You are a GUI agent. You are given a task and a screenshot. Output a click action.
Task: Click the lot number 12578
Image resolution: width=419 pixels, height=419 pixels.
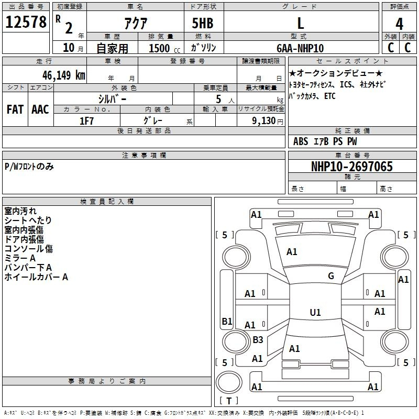point(26,22)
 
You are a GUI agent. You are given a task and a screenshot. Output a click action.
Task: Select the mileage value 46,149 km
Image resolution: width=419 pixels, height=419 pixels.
point(63,75)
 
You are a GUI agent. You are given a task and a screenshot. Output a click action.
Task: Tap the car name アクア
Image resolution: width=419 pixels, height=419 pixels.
point(136,23)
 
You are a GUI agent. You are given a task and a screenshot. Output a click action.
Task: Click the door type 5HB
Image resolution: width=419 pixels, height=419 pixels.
point(203,23)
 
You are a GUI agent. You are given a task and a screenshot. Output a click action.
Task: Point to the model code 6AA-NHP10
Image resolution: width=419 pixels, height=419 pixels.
point(300,48)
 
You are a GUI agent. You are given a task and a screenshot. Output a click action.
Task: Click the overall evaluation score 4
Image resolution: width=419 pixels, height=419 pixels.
point(399,24)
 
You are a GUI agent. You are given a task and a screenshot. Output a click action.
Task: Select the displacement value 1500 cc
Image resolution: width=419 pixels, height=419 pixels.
point(164,48)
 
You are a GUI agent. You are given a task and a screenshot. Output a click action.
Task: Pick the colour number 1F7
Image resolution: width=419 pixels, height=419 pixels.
point(86,121)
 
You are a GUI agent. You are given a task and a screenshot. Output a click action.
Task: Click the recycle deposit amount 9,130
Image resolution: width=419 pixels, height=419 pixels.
point(264,121)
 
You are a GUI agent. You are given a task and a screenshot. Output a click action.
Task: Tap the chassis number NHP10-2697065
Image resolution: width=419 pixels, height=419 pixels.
point(352,167)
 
